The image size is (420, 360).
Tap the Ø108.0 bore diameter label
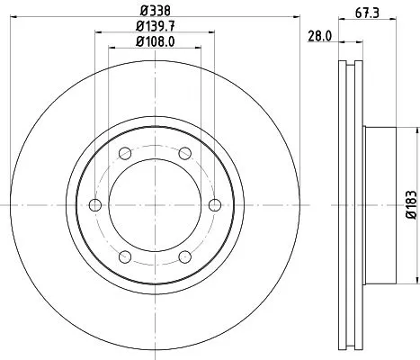[155, 41]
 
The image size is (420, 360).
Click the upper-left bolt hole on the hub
[125, 153]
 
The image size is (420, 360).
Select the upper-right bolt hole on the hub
[184, 153]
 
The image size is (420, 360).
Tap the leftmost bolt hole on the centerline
[95, 205]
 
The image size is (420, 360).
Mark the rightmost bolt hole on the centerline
[214, 205]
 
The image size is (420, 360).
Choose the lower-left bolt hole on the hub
[125, 256]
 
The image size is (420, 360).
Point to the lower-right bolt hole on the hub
[184, 256]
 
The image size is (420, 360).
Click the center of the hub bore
[155, 205]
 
